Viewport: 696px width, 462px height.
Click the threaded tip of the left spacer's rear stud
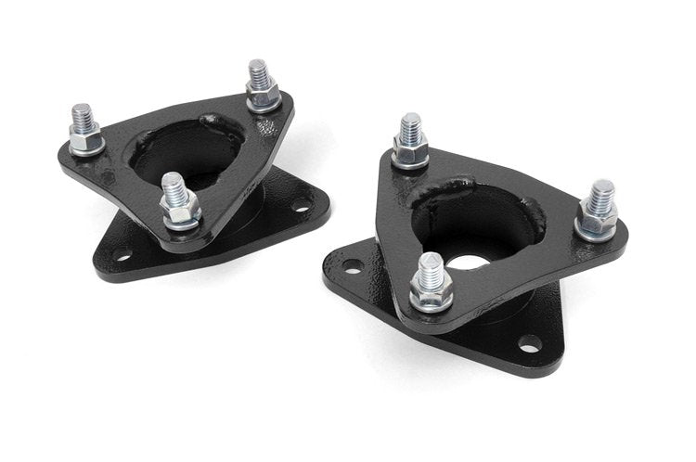257,71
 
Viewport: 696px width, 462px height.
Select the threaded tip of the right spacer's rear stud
409,125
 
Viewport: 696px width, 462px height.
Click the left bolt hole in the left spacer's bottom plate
123,253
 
